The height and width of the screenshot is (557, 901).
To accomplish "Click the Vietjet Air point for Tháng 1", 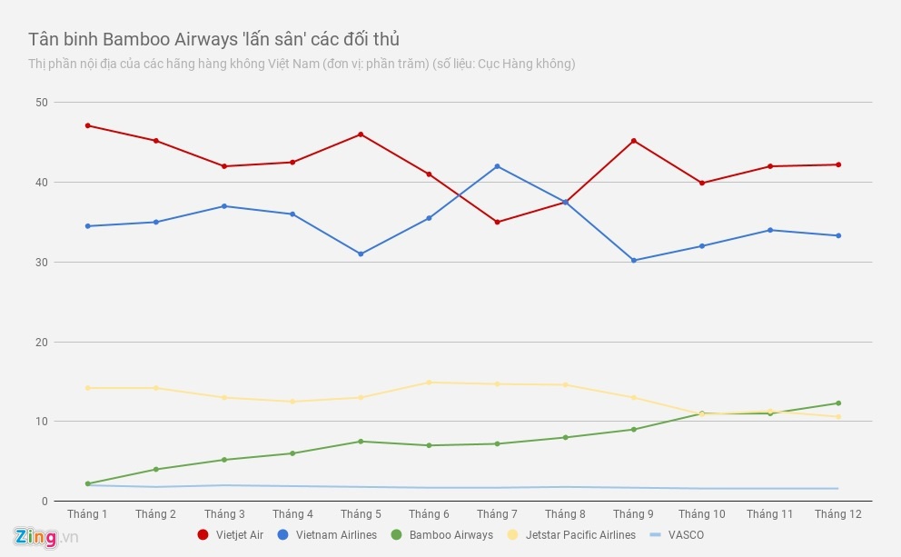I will (87, 125).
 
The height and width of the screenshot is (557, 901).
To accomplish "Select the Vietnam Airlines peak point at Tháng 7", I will (497, 166).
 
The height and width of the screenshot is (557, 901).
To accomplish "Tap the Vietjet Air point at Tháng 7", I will (497, 222).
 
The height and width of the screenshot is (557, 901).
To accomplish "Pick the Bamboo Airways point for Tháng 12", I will (837, 403).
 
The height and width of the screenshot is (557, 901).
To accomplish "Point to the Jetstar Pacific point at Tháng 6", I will (429, 383).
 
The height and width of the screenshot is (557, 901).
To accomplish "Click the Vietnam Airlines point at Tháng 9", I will (633, 261).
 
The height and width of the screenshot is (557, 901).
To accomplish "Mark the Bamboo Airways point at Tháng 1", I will (87, 483).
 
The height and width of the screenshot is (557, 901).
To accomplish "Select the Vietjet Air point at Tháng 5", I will (361, 134).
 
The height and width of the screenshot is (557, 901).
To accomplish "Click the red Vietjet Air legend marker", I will (203, 535).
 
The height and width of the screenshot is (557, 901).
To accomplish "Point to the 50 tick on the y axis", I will (42, 102).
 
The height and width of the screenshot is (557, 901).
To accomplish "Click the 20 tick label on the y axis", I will (42, 343).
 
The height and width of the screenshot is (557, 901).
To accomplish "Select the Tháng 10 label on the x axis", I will (701, 514).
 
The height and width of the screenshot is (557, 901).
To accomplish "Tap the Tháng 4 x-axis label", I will (292, 514).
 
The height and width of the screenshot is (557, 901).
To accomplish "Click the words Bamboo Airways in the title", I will (159, 39).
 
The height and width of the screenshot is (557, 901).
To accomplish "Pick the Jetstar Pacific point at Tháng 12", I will (837, 417).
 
